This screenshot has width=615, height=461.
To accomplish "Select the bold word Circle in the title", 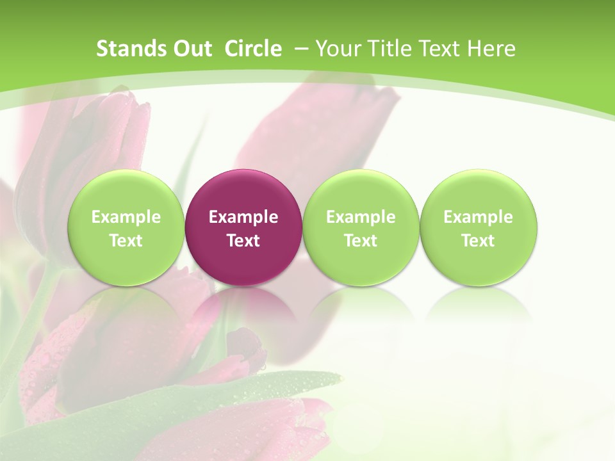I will point(253,49).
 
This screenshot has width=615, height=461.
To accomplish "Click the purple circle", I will point(243,228).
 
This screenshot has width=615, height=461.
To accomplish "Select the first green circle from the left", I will point(126,228).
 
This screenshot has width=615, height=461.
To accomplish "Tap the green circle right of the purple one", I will point(361,228).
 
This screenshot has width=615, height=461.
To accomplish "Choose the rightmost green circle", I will point(478,228).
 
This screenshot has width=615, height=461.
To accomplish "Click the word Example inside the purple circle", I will point(243,217).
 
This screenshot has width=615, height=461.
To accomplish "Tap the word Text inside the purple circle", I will point(243,241).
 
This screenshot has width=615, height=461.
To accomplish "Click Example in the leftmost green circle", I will point(126,217).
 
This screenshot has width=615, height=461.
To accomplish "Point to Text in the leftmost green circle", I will point(126,241).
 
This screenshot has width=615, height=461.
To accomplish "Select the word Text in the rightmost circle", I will point(478,241).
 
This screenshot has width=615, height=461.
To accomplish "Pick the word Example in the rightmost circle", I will point(478,217).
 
